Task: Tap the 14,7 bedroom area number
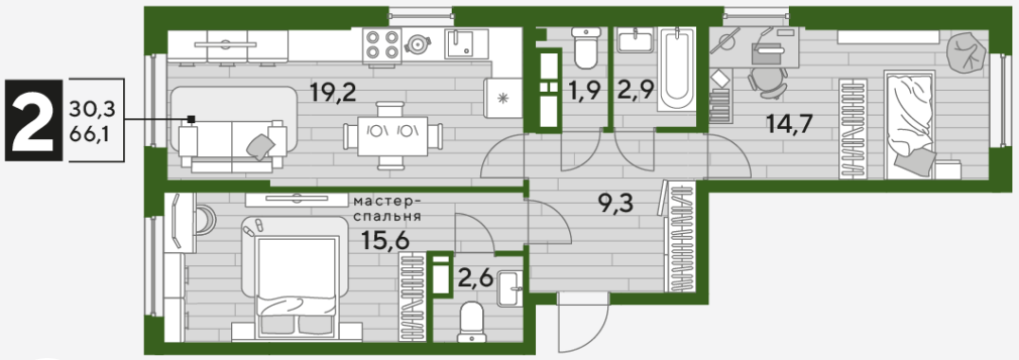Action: pyautogui.click(x=789, y=123)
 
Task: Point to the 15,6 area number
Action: pyautogui.click(x=386, y=241)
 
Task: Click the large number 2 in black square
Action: pyautogui.click(x=33, y=120)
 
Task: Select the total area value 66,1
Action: pyautogui.click(x=92, y=136)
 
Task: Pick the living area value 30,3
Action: pyautogui.click(x=92, y=108)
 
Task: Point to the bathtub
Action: pyautogui.click(x=676, y=70)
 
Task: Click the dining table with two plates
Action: pyautogui.click(x=392, y=136)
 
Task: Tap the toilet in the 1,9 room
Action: pyautogui.click(x=585, y=49)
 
